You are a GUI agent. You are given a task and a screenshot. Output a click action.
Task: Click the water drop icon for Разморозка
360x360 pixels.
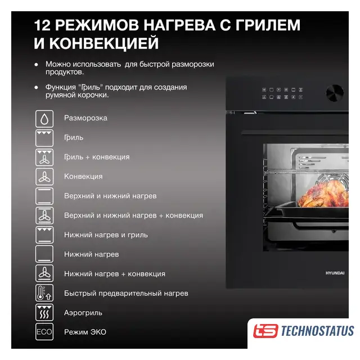(x=44, y=119)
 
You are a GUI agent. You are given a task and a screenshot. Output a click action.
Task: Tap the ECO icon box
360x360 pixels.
(x=44, y=332)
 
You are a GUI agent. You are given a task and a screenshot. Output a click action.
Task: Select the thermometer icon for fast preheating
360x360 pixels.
(x=44, y=293)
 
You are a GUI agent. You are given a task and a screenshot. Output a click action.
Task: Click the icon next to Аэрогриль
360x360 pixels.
(x=44, y=312)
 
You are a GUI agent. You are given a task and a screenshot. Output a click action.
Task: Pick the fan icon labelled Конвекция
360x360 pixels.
(x=44, y=177)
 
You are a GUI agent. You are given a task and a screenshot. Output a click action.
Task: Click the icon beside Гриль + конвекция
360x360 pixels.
(x=44, y=157)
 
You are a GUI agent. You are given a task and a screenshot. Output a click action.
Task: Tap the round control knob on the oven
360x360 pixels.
(x=335, y=93)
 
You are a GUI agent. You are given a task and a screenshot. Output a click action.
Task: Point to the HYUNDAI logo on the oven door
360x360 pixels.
(x=335, y=273)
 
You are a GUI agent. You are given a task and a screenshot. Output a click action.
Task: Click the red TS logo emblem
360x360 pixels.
(x=265, y=331)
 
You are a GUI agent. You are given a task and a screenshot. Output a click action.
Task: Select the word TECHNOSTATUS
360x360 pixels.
(x=317, y=331)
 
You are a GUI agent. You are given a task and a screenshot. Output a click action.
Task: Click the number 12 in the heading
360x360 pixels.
(x=42, y=25)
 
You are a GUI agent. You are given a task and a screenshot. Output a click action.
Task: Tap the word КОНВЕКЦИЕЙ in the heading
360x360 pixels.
(x=104, y=43)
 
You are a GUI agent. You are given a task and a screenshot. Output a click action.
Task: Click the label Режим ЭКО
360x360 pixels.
(x=85, y=332)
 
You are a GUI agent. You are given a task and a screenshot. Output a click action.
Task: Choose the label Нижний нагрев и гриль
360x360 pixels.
(x=106, y=235)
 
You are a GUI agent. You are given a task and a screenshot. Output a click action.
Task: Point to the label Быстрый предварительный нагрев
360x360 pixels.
(x=126, y=294)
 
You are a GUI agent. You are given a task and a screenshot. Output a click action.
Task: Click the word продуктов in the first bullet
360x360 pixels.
(x=65, y=72)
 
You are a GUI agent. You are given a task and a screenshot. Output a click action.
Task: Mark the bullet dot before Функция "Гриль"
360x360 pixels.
(x=36, y=87)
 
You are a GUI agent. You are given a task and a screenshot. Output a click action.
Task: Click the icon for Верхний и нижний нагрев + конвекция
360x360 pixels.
(x=44, y=215)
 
